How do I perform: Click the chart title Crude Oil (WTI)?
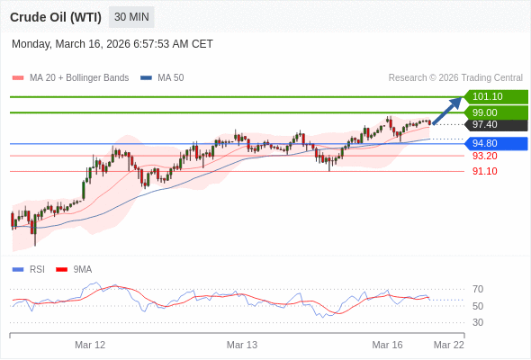(x=56, y=17)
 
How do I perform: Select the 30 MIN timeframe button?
(x=131, y=17)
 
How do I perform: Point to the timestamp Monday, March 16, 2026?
(x=112, y=43)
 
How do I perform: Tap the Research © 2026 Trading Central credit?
(x=455, y=78)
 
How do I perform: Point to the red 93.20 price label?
(x=485, y=156)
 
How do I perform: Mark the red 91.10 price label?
(x=485, y=171)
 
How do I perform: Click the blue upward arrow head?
(x=456, y=102)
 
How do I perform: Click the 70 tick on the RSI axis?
(x=478, y=289)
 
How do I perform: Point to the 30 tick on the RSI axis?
(x=478, y=322)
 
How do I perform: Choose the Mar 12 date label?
(x=90, y=345)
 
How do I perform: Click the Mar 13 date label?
(x=242, y=345)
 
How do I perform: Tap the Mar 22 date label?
(x=449, y=345)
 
